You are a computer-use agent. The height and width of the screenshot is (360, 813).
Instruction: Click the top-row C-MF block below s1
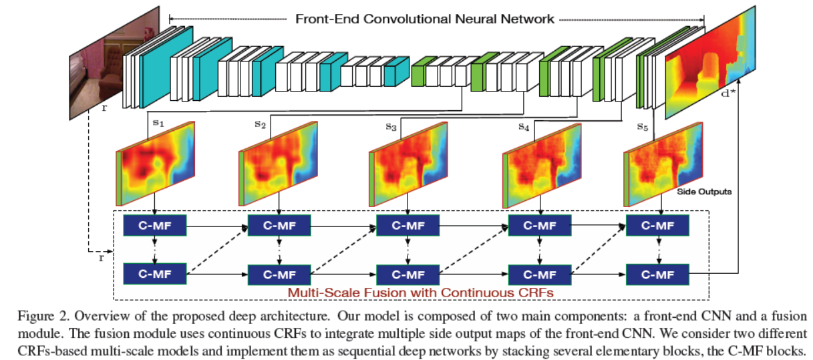coord(154,226)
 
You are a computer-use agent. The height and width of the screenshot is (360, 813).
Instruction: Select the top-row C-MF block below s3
coord(408,226)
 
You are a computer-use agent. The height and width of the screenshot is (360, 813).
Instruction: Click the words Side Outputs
coord(704,192)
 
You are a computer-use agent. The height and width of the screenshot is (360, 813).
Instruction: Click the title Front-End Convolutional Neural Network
coord(425,19)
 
